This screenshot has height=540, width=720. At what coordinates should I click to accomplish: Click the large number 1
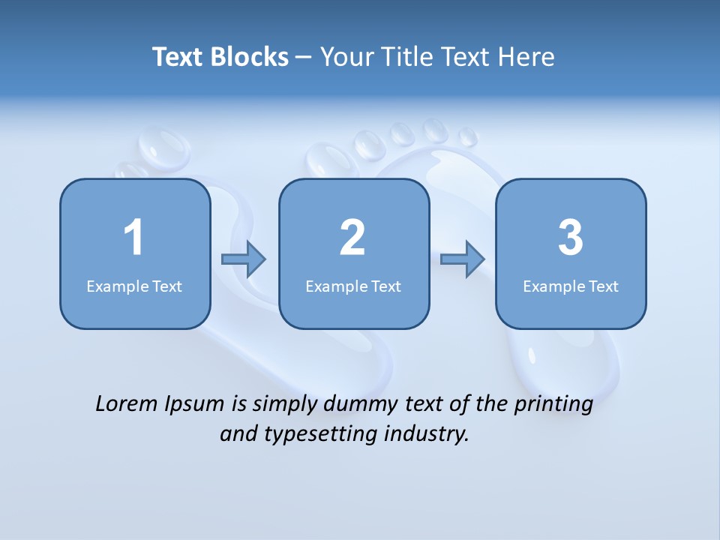click(x=133, y=238)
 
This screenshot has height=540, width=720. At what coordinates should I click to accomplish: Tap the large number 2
click(x=352, y=238)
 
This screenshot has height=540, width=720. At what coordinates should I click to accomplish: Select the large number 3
click(x=571, y=238)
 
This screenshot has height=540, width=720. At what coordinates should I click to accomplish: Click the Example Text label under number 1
click(x=134, y=286)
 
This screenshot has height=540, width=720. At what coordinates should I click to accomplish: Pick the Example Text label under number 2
click(x=353, y=286)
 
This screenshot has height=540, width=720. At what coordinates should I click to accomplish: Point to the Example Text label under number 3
click(x=571, y=286)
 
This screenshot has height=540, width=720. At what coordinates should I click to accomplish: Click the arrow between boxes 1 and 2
click(x=244, y=259)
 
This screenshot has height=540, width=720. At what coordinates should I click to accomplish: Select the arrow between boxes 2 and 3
click(x=463, y=259)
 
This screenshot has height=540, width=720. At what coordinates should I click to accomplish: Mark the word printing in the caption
click(x=553, y=404)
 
